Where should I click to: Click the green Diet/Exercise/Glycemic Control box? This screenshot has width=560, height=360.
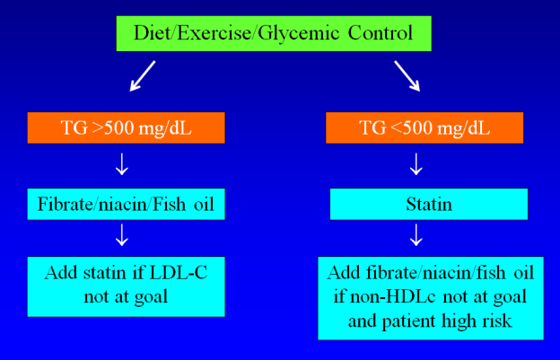274,33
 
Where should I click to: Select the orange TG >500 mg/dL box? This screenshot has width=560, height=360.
126,127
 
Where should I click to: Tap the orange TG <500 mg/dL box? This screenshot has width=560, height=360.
424,127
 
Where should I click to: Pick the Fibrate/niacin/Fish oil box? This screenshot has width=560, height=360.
126,204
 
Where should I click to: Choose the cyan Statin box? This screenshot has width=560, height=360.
429,204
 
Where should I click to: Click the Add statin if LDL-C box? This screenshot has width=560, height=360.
126,286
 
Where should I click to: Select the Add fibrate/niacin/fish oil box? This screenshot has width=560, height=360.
431,298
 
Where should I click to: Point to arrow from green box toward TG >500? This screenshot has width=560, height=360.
143,75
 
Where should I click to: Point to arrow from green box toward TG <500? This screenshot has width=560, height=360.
407,75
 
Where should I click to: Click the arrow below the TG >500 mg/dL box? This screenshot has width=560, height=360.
122,164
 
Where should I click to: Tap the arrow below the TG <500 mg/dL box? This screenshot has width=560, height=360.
416,164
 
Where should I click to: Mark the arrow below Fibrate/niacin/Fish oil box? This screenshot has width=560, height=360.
122,235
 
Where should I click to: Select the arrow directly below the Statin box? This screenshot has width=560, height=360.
416,235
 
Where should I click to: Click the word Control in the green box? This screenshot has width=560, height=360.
381,33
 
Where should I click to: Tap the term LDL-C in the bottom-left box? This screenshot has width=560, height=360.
179,273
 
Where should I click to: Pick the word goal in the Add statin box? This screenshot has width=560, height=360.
151,298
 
